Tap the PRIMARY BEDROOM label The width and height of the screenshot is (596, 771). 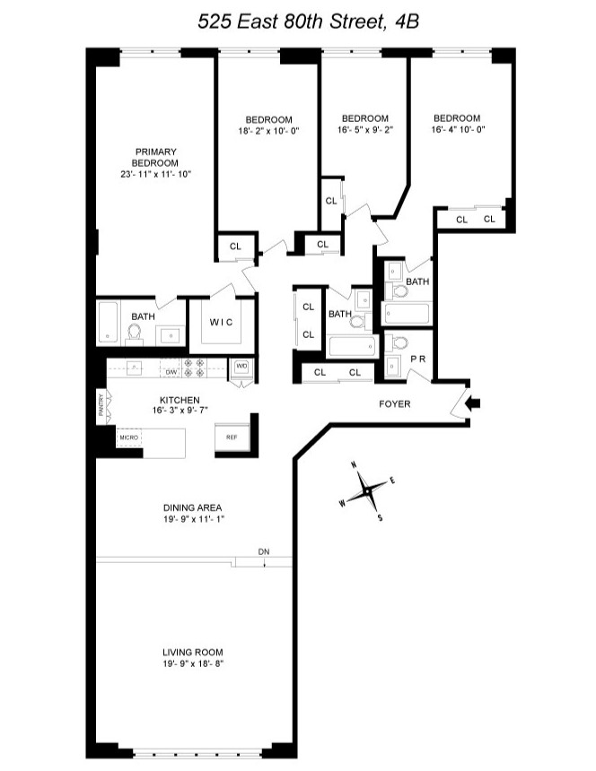coord(155,157)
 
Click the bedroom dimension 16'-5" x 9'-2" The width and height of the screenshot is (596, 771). coord(365,129)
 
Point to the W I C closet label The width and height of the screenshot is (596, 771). coord(223,323)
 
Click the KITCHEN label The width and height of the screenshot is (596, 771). coord(180,400)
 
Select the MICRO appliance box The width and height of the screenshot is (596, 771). coord(127,437)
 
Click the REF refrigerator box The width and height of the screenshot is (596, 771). coord(231,437)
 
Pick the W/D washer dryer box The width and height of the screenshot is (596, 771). coord(241,366)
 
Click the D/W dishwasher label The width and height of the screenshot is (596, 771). coord(170,370)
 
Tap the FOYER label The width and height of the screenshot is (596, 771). coord(394,404)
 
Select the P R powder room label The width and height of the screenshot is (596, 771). coord(417,357)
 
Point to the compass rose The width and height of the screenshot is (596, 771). coord(367,490)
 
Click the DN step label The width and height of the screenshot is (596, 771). coord(263,551)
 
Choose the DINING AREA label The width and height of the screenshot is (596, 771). coord(192,506)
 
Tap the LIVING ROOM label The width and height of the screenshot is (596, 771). coord(192,652)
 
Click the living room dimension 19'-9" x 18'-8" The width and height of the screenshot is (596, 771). coord(192,663)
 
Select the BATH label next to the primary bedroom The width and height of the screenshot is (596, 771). coord(143,316)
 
